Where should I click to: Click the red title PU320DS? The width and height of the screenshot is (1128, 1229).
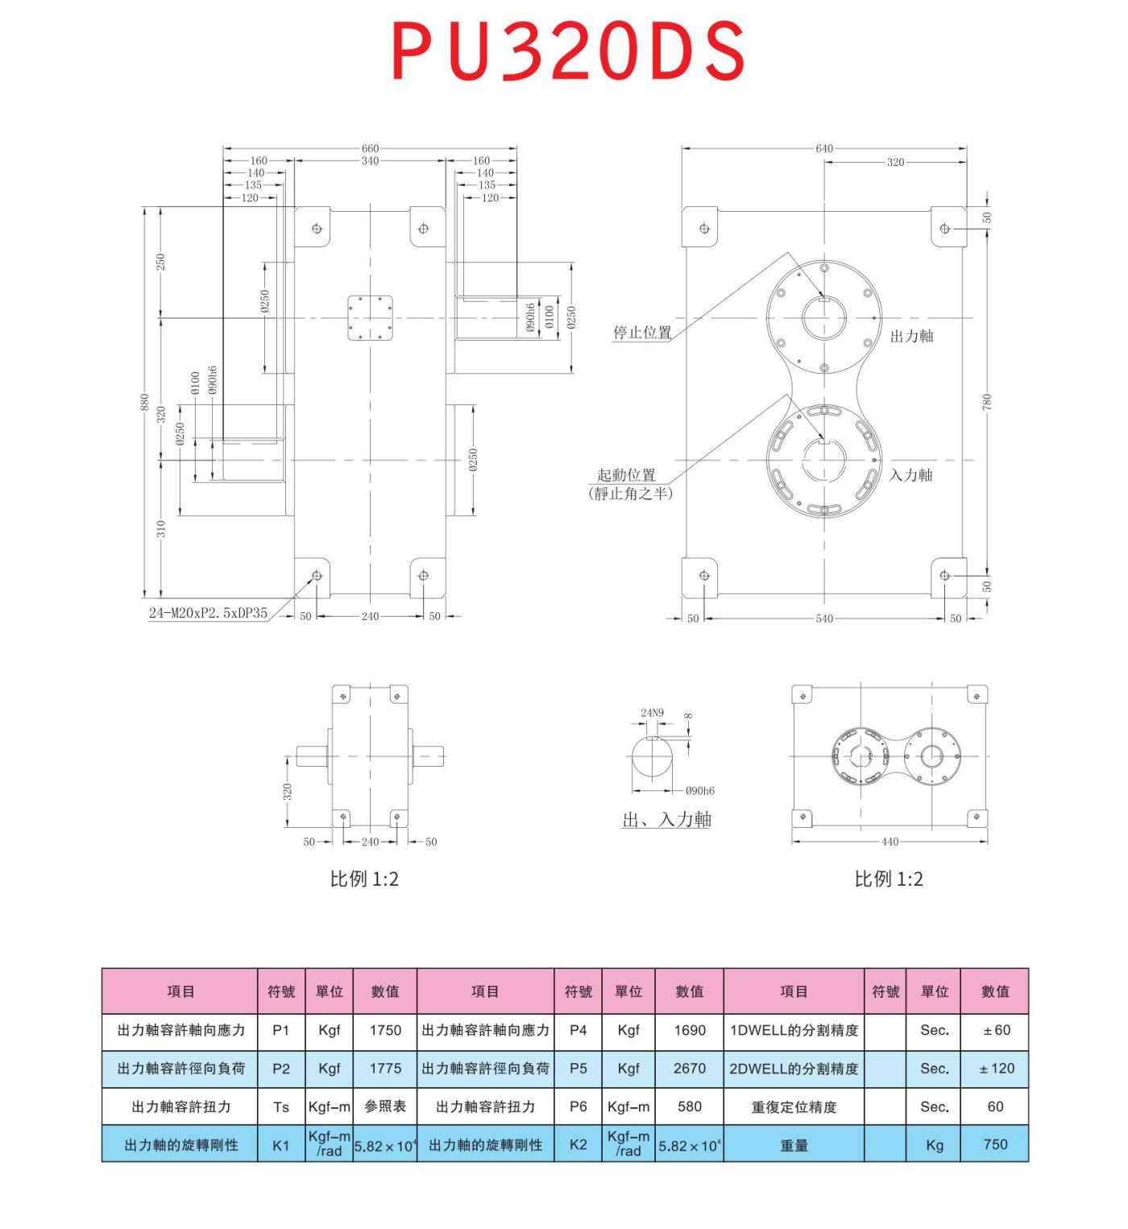(568, 51)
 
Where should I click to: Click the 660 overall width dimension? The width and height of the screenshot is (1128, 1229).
(370, 148)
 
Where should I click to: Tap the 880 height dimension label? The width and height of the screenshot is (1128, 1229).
(144, 401)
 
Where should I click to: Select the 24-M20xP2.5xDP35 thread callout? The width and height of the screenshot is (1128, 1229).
(208, 613)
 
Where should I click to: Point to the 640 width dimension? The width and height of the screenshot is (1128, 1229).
(824, 148)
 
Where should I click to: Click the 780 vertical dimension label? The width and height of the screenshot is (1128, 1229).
(987, 401)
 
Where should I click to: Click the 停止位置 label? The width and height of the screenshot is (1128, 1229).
(642, 332)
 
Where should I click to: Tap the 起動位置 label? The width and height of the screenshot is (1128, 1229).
(627, 475)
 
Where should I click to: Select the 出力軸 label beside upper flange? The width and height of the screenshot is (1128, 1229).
(911, 336)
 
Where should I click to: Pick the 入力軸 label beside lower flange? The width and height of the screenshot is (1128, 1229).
(910, 475)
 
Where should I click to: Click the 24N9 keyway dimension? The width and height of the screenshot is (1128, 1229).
(652, 713)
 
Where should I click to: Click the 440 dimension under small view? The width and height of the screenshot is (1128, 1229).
(890, 842)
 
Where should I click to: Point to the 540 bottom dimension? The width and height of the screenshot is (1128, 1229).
(824, 619)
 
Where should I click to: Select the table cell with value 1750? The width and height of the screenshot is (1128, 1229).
(385, 1030)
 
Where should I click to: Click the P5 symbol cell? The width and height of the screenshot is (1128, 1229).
(578, 1068)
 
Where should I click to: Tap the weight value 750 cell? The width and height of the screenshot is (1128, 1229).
(995, 1144)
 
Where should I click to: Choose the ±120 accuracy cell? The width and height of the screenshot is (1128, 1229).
(995, 1068)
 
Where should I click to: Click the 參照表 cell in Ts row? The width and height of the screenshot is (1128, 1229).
(385, 1107)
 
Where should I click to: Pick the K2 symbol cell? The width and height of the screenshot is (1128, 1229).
(578, 1144)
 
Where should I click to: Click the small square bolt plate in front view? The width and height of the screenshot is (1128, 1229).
(370, 318)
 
